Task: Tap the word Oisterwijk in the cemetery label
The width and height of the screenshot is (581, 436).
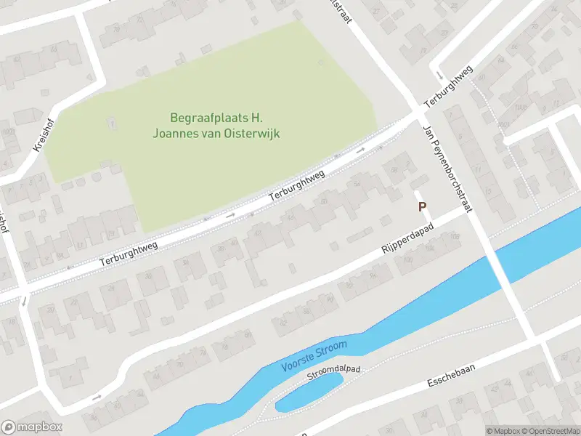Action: (245, 133)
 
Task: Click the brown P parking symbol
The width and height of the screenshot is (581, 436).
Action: (422, 207)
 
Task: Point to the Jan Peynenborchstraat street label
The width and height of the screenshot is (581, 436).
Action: (447, 168)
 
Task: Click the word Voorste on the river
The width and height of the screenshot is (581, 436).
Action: (298, 358)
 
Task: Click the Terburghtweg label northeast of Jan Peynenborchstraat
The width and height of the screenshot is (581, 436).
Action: (449, 86)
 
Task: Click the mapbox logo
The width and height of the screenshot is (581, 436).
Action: (32, 427)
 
